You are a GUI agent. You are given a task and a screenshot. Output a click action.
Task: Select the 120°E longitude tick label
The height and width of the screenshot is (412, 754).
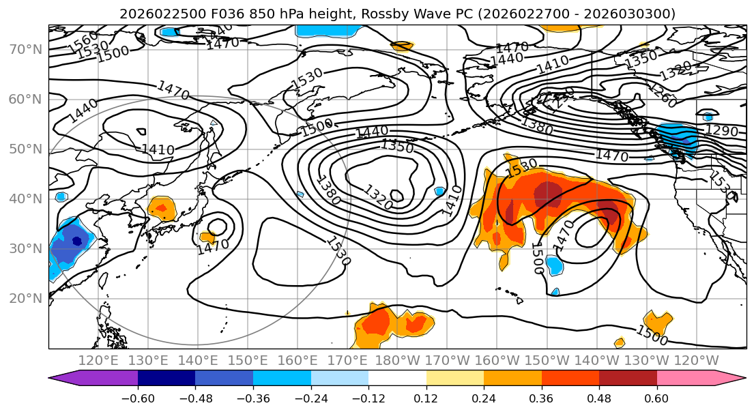(98, 361)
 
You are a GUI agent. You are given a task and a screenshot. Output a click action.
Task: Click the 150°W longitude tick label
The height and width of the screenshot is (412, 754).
(547, 361)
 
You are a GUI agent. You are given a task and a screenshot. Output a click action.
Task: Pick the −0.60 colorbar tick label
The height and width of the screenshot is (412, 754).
(137, 398)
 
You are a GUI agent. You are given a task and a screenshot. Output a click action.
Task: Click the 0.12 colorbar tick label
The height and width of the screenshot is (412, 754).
(426, 398)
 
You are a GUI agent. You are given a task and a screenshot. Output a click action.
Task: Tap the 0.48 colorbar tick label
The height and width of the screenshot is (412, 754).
(598, 398)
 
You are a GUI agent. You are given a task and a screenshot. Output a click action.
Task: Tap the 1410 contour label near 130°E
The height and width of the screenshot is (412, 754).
(158, 149)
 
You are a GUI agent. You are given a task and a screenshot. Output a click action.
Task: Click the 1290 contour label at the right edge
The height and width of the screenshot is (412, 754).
(721, 130)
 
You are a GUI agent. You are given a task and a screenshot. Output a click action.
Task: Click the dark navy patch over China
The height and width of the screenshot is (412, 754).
(76, 241)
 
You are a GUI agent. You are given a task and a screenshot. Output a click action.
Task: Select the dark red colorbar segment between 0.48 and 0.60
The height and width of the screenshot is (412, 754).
(627, 379)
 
